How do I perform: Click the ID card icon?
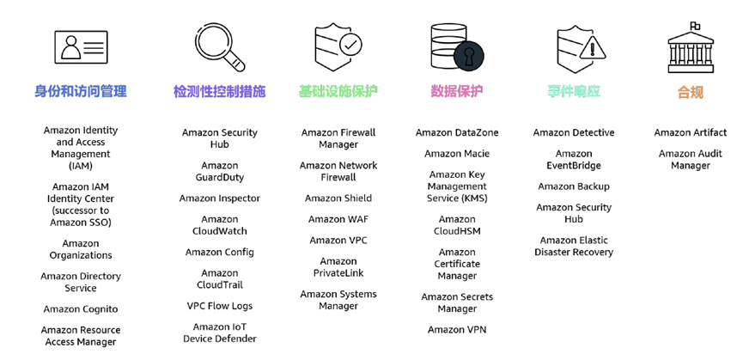(82, 47)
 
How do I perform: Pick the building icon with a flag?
(690, 47)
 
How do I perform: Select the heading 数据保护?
(457, 91)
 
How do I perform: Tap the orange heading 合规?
(690, 92)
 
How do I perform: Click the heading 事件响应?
(574, 91)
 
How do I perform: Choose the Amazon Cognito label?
(81, 309)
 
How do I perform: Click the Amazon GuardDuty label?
(220, 172)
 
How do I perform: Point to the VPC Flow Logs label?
(220, 306)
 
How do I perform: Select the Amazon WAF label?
(338, 219)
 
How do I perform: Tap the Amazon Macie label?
(457, 154)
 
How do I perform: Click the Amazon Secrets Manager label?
(457, 303)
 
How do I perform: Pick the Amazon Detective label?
(574, 133)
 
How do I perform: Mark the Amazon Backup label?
(574, 186)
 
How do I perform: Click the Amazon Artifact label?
(690, 133)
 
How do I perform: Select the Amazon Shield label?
(338, 198)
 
